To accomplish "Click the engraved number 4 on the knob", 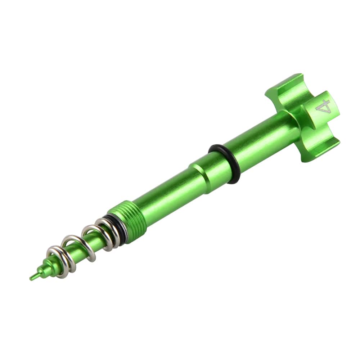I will point(323,107).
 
